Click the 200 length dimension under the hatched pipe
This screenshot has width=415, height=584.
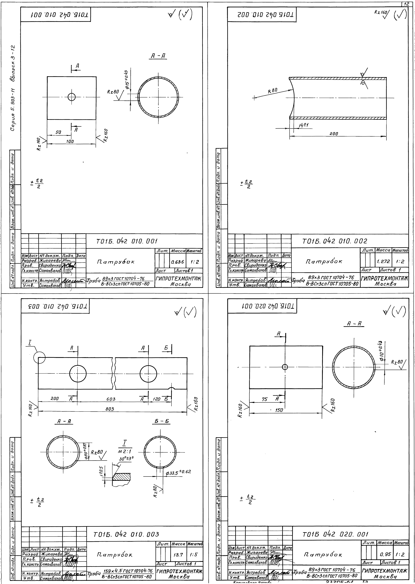click(334, 134)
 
